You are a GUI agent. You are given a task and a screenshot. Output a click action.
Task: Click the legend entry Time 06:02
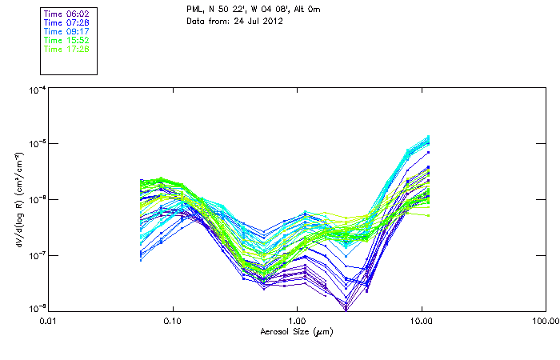tap(66, 13)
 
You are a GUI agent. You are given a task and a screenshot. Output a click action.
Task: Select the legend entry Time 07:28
tap(66, 22)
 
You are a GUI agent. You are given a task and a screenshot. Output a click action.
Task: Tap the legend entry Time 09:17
tap(66, 30)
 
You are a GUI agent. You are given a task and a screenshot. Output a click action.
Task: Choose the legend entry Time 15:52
tap(66, 39)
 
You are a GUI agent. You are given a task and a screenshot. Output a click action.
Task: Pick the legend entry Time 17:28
tap(66, 48)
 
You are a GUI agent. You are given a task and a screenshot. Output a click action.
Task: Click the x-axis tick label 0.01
tap(48, 321)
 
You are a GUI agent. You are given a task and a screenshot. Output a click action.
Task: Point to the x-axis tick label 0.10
tap(172, 321)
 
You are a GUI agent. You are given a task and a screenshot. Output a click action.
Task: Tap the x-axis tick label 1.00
tap(297, 321)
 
